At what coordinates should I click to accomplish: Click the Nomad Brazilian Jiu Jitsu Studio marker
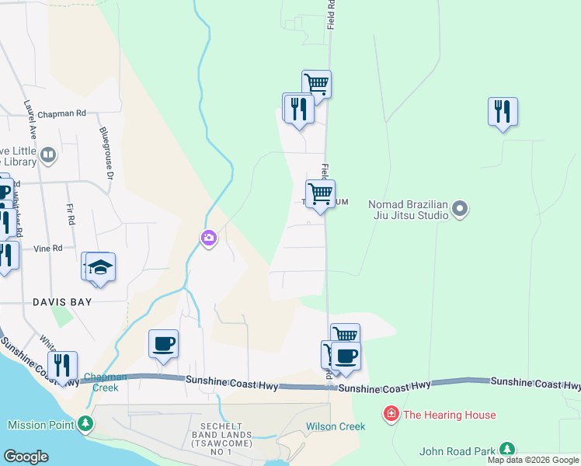click(x=460, y=208)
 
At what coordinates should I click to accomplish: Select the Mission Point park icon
click(x=85, y=425)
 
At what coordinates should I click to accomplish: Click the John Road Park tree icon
click(x=507, y=450)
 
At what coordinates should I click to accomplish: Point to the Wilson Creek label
click(x=336, y=426)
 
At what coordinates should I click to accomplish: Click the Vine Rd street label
click(x=47, y=249)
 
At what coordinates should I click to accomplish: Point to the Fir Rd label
click(x=70, y=214)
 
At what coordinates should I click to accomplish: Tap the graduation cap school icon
click(x=100, y=267)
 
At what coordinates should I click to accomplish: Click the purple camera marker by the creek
click(x=208, y=238)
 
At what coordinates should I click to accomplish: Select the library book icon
click(x=48, y=155)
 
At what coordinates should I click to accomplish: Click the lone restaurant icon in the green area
click(x=503, y=111)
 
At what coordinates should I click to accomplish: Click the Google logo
click(x=26, y=457)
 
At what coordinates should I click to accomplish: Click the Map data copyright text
click(x=533, y=460)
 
